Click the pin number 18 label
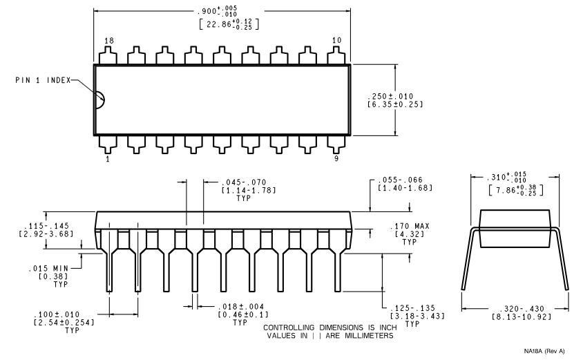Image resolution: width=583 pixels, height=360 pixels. click(x=109, y=41)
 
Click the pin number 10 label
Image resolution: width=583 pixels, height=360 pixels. click(x=336, y=41)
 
